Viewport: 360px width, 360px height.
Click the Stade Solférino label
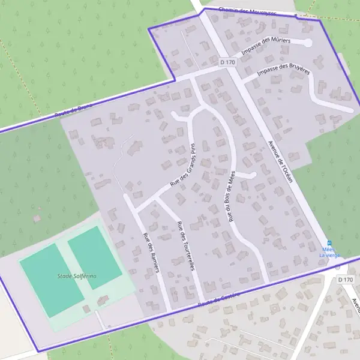pyautogui.click(x=76, y=275)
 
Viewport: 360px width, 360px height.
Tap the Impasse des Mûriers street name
pyautogui.click(x=266, y=47)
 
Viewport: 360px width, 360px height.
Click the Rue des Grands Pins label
pyautogui.click(x=183, y=166)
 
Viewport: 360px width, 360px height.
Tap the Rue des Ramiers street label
pyautogui.click(x=151, y=252)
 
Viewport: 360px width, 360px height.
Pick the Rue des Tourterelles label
pyautogui.click(x=185, y=246)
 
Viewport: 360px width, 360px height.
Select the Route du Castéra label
pyautogui.click(x=218, y=300)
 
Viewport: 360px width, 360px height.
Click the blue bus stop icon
pyautogui.click(x=329, y=242)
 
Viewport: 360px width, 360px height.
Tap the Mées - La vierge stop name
pyautogui.click(x=329, y=252)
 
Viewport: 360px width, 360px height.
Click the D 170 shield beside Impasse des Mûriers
pyautogui.click(x=227, y=62)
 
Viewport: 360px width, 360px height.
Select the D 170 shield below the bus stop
pyautogui.click(x=344, y=280)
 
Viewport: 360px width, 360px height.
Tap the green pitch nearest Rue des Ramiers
pyautogui.click(x=95, y=256)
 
